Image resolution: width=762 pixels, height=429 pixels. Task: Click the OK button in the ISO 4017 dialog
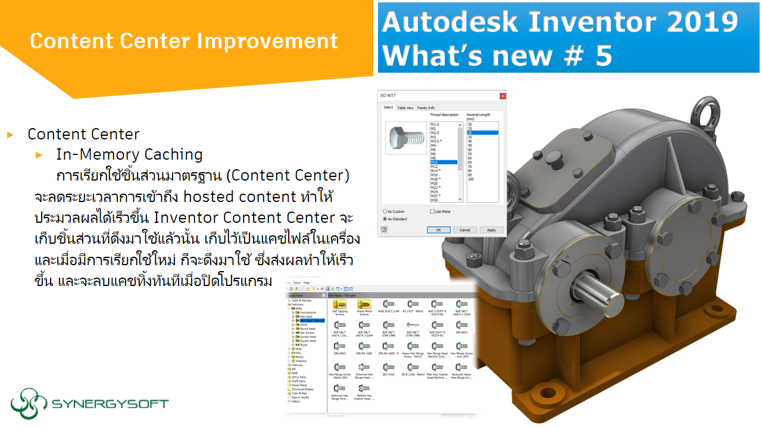coord(438,229)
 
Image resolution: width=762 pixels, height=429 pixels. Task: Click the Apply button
coord(491,229)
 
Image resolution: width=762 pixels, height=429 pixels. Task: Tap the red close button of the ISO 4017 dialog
coord(502,95)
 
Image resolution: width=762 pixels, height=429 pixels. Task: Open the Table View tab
coord(405,108)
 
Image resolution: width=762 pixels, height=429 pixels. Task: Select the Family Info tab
coord(426,108)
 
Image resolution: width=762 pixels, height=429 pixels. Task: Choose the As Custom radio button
coord(385,212)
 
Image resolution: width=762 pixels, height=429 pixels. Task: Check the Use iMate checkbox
coord(432,212)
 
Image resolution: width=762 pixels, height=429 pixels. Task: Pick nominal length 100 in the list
coord(471,179)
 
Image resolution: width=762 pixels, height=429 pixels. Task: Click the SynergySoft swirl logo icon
coord(29,403)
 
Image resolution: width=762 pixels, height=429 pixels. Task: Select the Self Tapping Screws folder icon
coord(339,304)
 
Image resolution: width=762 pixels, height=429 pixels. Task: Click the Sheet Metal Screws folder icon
coord(364,304)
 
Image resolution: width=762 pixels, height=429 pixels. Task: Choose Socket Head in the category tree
coord(308,337)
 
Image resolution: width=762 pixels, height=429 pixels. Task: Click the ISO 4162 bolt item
coord(388,367)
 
